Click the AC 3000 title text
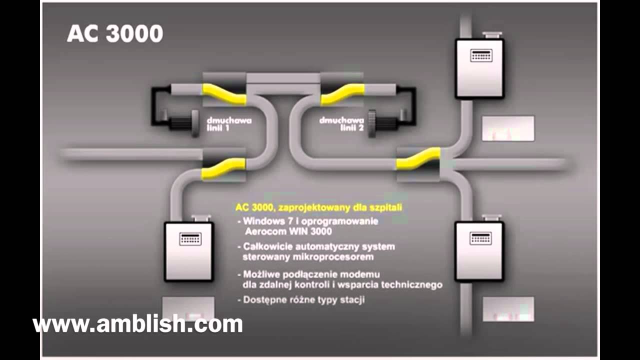point(115,33)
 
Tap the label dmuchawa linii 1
point(229,123)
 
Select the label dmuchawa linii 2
point(341,123)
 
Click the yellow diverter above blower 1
point(224,94)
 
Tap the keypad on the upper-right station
point(480,55)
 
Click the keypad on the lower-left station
point(190,238)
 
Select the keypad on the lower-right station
point(480,238)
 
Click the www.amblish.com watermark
point(137,324)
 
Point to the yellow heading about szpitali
point(318,206)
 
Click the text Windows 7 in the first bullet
point(264,221)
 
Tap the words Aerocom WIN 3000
point(288,231)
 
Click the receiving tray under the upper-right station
point(507,128)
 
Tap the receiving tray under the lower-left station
point(188,308)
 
